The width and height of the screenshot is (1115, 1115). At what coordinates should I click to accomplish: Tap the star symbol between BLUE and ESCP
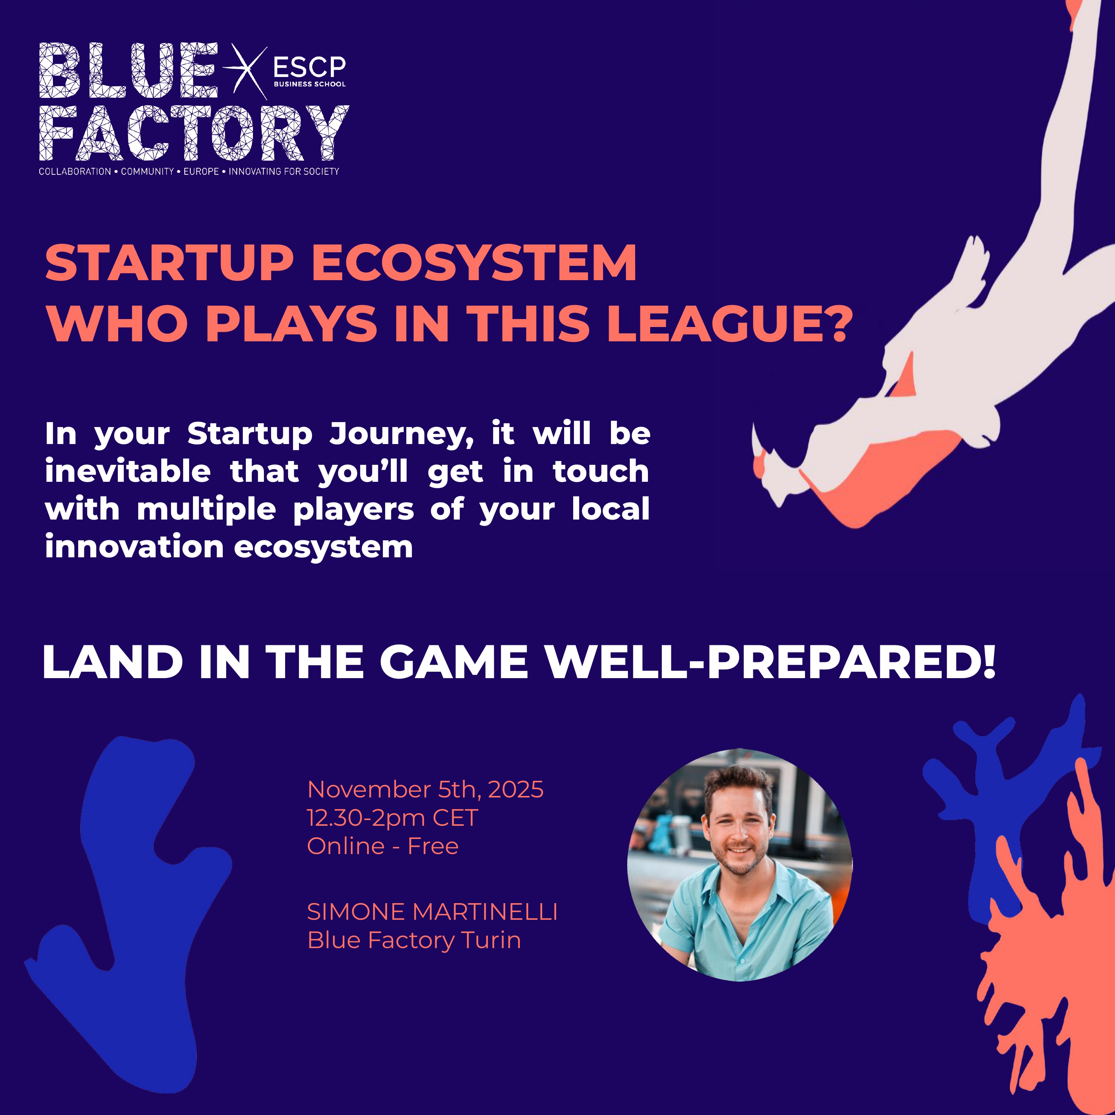pos(245,68)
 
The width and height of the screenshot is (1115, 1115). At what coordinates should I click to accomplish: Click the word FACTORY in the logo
pos(194,133)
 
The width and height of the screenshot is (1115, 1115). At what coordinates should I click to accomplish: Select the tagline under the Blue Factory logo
pos(189,171)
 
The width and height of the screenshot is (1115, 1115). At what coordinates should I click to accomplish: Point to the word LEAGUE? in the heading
pos(729,324)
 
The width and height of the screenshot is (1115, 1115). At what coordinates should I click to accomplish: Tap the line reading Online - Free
pos(382,846)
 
